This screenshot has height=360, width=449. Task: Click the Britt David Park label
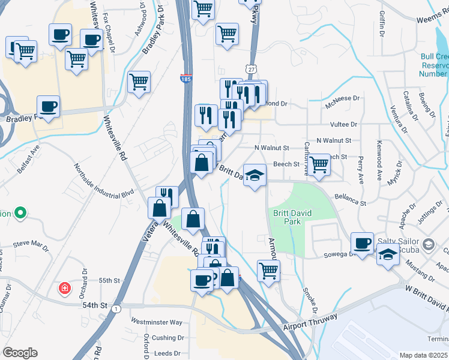[287, 217]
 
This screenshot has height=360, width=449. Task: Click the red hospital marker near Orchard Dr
[64, 289]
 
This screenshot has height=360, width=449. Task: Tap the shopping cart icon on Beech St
[319, 164]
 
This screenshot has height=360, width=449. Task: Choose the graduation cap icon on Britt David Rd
[255, 175]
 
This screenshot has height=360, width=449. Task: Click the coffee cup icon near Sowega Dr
[362, 243]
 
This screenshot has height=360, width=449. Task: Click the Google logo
[20, 353]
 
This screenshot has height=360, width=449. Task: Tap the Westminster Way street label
[157, 322]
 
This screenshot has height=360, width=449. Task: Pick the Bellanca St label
[351, 199]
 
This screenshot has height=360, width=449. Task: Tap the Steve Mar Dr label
[31, 244]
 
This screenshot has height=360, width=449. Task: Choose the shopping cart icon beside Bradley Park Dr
[139, 82]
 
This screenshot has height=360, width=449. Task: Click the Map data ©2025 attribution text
[423, 355]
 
